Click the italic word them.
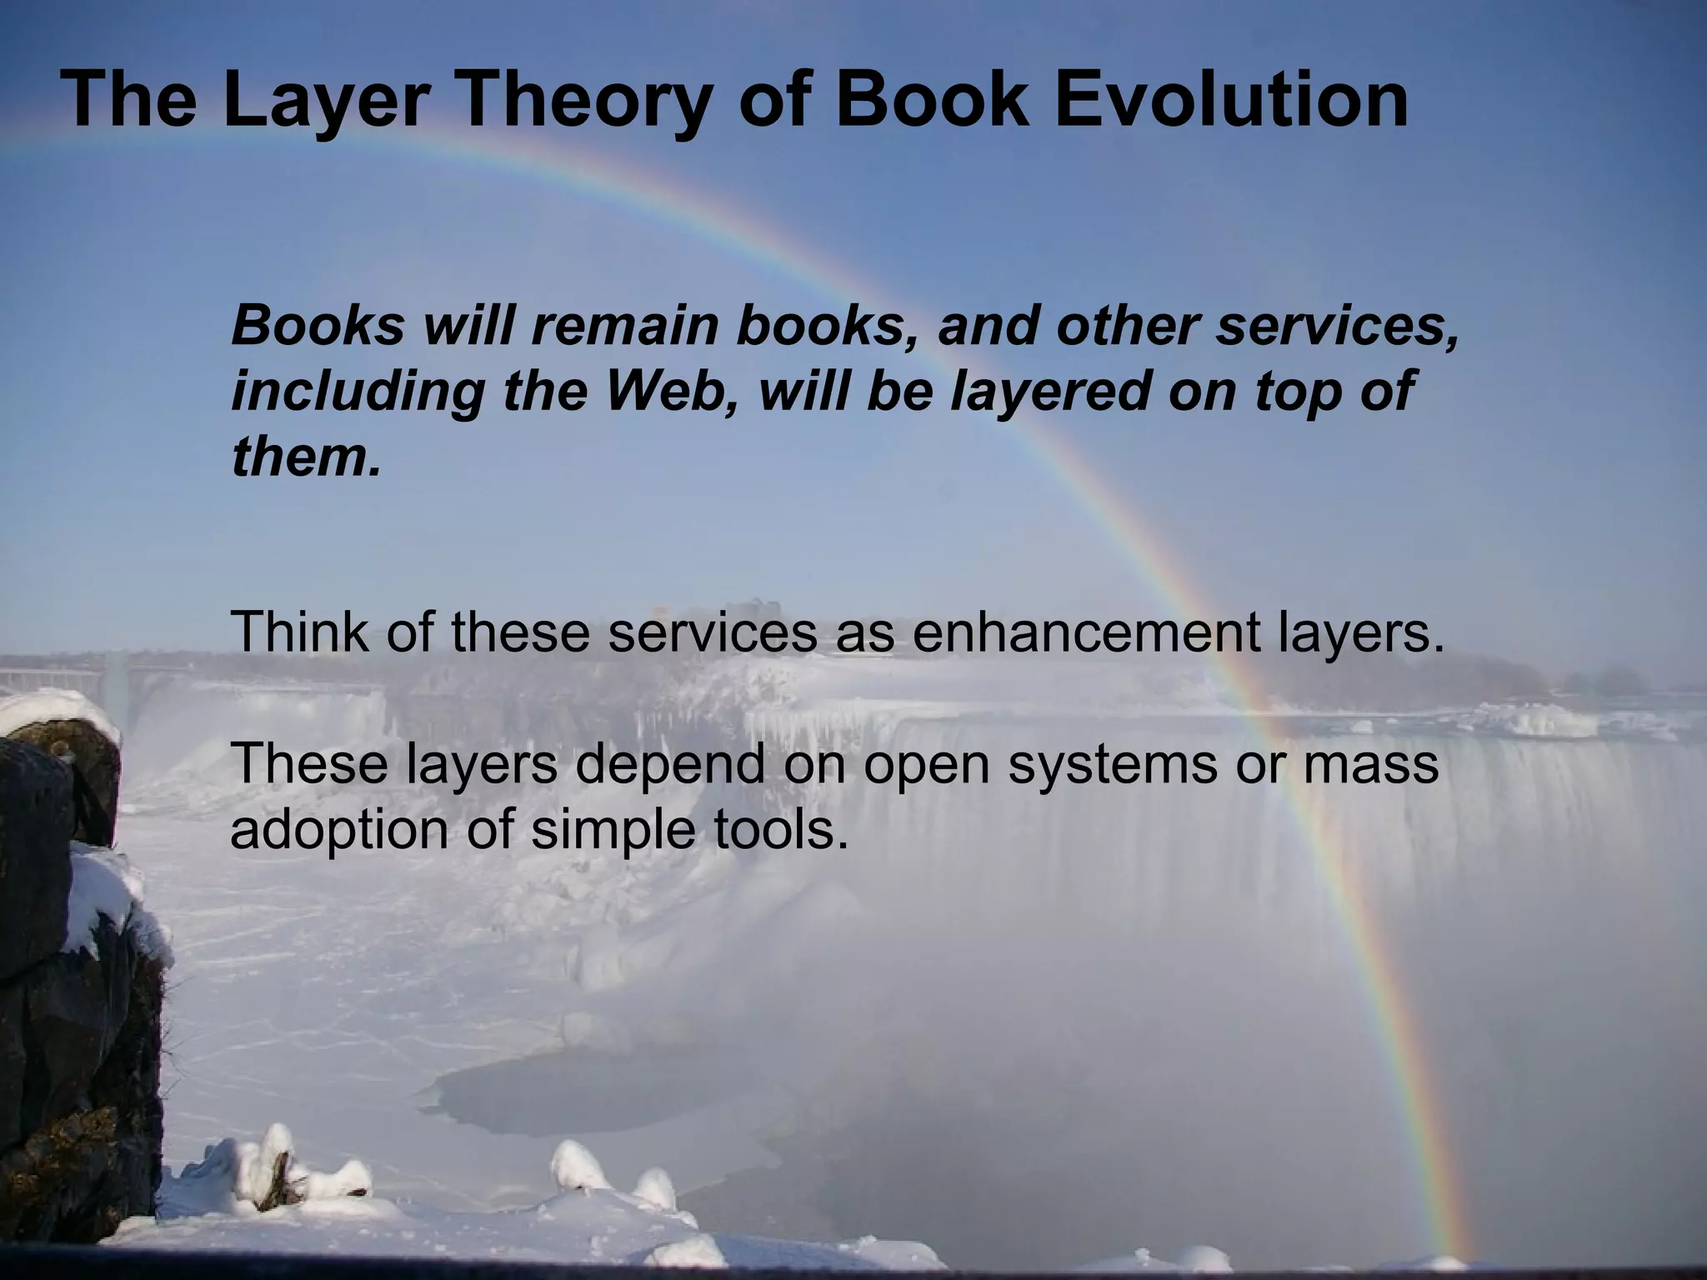[x=305, y=456]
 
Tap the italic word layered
[x=1051, y=392]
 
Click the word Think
[x=299, y=631]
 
